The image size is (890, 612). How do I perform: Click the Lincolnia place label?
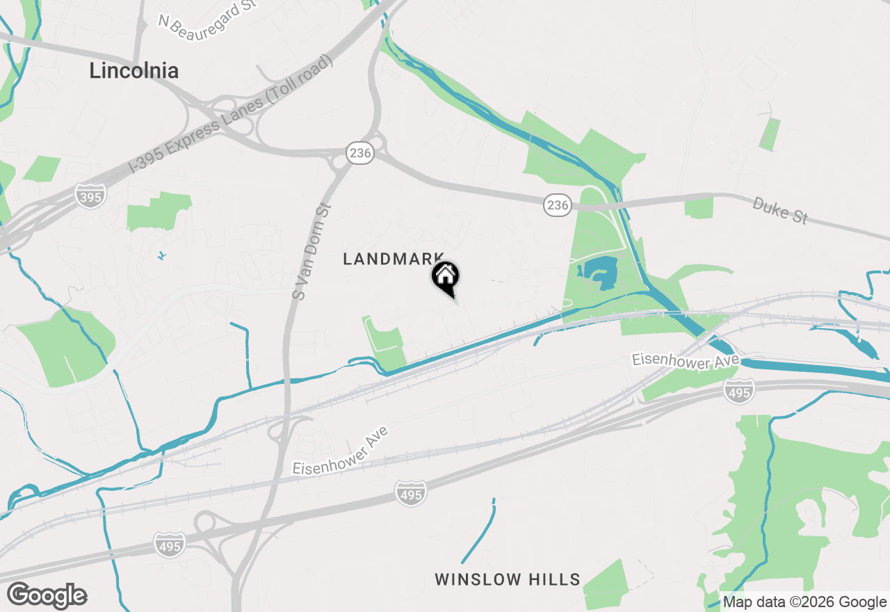click(133, 70)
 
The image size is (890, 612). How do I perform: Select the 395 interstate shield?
click(90, 194)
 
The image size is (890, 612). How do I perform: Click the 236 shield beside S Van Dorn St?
click(360, 153)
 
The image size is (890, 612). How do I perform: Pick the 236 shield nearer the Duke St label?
click(557, 204)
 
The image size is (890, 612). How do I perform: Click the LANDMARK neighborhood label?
click(394, 259)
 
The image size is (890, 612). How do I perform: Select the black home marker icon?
click(446, 277)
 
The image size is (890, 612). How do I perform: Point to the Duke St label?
click(780, 210)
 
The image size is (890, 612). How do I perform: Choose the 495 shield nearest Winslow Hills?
click(410, 492)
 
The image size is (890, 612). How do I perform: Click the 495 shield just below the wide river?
click(738, 391)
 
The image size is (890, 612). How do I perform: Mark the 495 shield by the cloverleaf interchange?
click(170, 545)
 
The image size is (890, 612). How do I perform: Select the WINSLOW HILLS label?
click(508, 579)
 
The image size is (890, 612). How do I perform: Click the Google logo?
click(47, 596)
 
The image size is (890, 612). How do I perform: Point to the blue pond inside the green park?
click(598, 273)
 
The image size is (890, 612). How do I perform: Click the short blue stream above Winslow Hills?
click(480, 532)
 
